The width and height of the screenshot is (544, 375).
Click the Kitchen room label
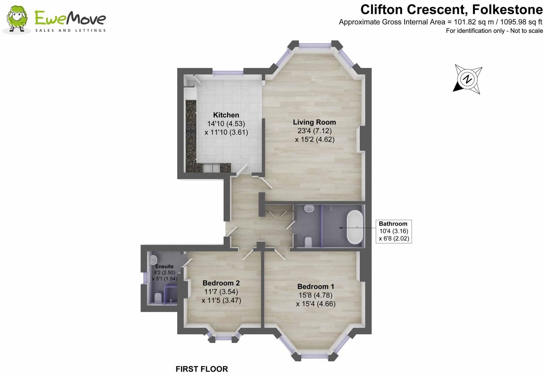click(x=226, y=115)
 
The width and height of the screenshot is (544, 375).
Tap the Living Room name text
click(x=314, y=122)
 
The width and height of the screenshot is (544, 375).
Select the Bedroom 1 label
click(x=315, y=287)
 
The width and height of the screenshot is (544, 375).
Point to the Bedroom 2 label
click(x=221, y=283)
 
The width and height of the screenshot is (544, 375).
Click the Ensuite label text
click(x=164, y=266)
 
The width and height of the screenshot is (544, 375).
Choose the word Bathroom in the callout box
click(x=393, y=224)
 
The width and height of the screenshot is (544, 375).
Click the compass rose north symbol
click(x=468, y=79)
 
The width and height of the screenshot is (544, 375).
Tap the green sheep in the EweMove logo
click(x=16, y=20)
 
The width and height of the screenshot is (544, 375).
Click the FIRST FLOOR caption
click(x=202, y=369)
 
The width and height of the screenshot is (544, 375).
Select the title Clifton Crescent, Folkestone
click(x=451, y=9)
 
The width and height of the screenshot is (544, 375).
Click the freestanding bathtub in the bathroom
click(x=355, y=227)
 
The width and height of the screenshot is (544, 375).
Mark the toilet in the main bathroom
click(x=308, y=242)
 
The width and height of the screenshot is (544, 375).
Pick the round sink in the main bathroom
click(x=309, y=209)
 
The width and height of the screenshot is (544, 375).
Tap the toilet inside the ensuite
click(x=158, y=298)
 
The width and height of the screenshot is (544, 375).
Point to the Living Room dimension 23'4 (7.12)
click(x=314, y=131)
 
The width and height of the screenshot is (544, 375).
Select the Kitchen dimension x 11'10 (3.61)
click(x=226, y=132)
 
